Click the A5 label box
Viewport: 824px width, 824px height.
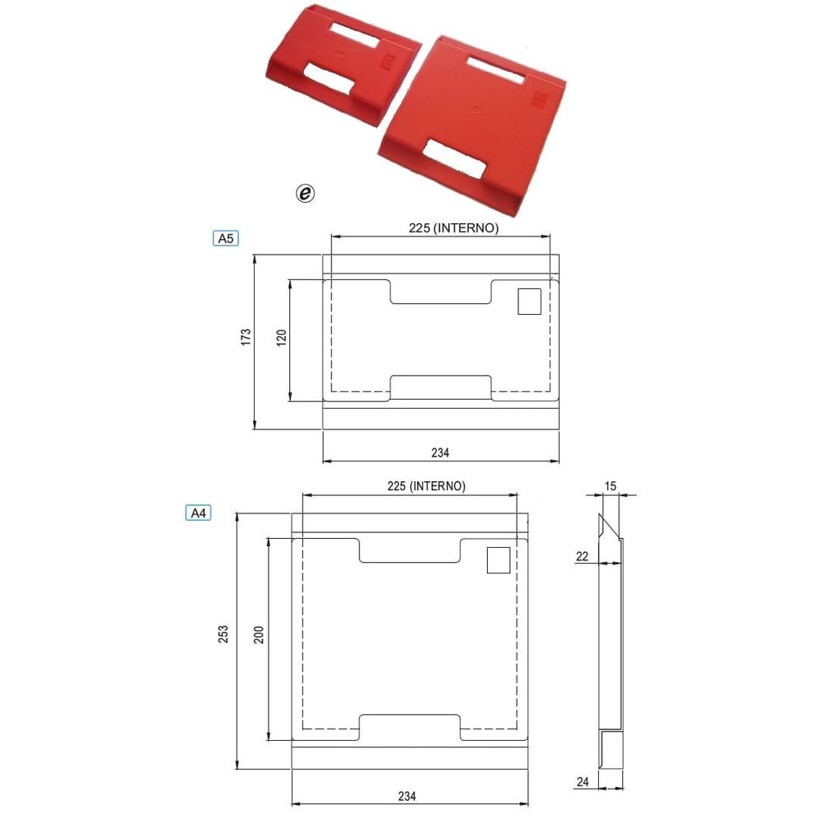click(226, 239)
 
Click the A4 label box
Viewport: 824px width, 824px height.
click(198, 513)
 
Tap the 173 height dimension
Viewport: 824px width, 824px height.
click(246, 337)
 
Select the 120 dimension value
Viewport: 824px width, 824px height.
click(282, 337)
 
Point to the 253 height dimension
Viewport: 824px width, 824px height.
click(223, 634)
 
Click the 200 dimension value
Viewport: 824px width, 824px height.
click(259, 634)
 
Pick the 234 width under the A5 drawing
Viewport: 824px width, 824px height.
click(440, 452)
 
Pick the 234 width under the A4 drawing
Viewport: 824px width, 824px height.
click(407, 796)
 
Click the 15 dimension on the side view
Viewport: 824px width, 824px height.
click(610, 486)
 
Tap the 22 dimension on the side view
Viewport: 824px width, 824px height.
click(583, 556)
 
